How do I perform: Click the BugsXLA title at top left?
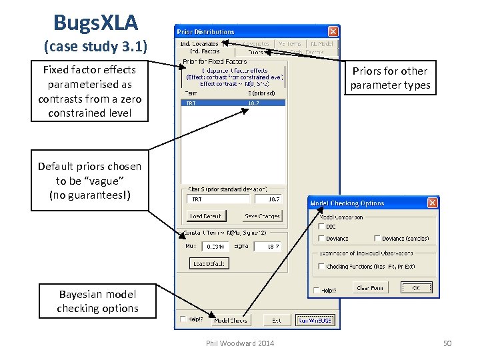[95, 23]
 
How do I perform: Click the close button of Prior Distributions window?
[333, 31]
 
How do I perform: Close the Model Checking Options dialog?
[432, 203]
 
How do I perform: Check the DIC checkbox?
[322, 227]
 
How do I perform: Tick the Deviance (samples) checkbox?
[378, 238]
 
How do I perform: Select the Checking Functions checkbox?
[322, 266]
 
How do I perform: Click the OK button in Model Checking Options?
[416, 288]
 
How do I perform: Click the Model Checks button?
[230, 321]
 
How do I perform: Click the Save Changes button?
[263, 216]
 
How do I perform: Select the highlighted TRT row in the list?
[233, 103]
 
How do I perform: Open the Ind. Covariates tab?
[199, 44]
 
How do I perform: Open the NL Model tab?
[322, 44]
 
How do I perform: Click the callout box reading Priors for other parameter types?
[390, 78]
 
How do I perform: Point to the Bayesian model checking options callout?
[97, 301]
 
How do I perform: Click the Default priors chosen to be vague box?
[89, 181]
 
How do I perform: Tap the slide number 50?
[447, 343]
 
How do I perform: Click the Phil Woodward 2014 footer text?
[240, 343]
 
